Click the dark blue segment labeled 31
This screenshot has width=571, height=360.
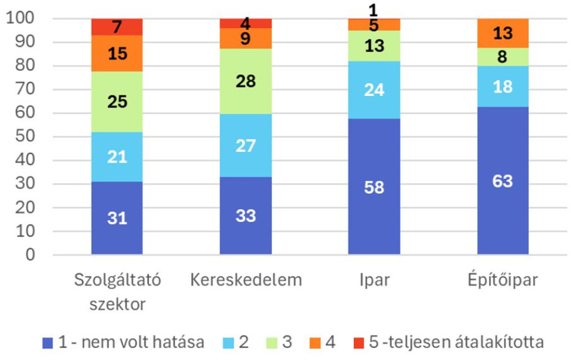[x=117, y=218]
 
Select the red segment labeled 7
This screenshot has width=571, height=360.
[x=117, y=27]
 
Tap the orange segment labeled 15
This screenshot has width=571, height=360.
[x=117, y=53]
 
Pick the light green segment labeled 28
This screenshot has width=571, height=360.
[x=246, y=81]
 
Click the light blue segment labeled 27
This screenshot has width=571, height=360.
[x=246, y=146]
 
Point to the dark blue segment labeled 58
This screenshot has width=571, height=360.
[x=374, y=187]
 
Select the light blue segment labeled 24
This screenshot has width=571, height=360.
[x=374, y=90]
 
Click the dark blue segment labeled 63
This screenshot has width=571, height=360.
[x=503, y=181]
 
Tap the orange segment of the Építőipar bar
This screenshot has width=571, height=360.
[x=503, y=33]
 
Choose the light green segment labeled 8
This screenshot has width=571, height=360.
[x=503, y=57]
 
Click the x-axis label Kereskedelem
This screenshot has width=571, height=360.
[x=246, y=281]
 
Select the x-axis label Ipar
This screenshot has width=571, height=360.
[x=374, y=281]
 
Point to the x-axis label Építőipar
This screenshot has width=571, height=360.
[x=503, y=281]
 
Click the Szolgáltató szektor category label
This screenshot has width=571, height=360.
[x=117, y=292]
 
